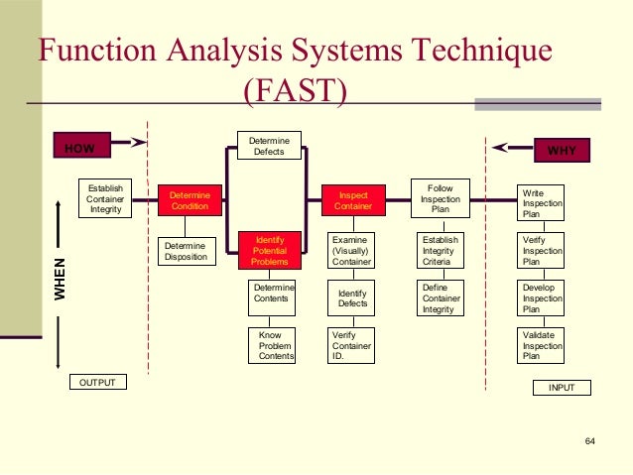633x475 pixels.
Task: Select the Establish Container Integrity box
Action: tap(104, 198)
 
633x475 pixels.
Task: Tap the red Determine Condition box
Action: tap(189, 200)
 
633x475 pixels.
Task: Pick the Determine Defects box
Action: tap(269, 146)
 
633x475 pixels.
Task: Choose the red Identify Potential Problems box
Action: tap(270, 250)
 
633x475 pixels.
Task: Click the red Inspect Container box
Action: tap(353, 200)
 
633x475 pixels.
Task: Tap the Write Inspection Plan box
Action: tap(542, 202)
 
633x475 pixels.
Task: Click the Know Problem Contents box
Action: tap(271, 345)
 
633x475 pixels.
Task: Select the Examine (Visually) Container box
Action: tap(352, 250)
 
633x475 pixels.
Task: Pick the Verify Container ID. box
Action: tap(352, 345)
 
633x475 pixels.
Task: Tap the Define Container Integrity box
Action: tap(440, 297)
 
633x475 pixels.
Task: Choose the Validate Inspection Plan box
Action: tap(542, 345)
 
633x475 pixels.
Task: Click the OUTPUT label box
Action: tap(97, 382)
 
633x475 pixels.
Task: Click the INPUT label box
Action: tap(561, 388)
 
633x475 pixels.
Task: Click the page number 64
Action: tap(590, 440)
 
